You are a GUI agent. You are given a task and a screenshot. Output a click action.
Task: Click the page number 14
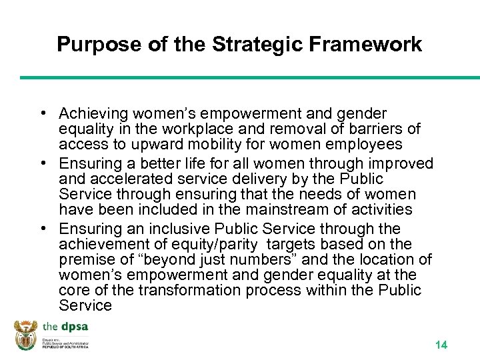[441, 345]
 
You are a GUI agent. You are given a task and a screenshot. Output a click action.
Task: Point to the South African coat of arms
[26, 335]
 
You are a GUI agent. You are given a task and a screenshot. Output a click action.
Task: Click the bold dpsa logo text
[74, 327]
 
